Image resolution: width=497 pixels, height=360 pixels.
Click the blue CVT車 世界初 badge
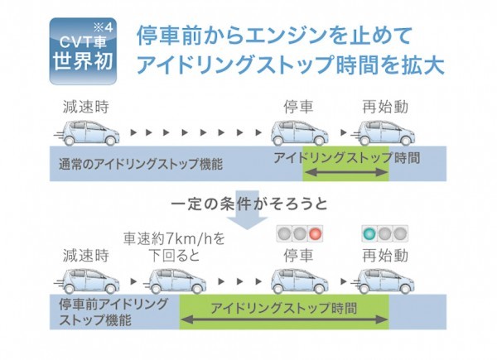coord(83,51)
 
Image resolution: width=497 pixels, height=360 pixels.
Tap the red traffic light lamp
coord(316,234)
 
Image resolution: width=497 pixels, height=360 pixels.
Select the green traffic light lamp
coord(369,234)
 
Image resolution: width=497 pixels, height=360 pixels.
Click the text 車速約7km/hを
coord(174,239)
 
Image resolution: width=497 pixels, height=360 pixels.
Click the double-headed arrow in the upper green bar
coord(347,173)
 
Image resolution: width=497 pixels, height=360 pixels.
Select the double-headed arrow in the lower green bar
coord(284,319)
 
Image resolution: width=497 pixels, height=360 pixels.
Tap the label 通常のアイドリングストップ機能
coord(141,165)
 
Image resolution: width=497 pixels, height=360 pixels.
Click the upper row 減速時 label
coord(86,107)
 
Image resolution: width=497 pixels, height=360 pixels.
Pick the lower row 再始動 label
coord(385,256)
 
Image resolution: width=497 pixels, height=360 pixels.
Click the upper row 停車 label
coord(298,107)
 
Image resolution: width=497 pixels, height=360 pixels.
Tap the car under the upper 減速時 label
coord(88,133)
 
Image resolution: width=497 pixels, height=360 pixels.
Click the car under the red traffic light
coord(300,281)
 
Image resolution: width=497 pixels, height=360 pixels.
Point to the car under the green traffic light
coord(384,281)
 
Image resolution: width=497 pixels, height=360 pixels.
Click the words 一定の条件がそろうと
coord(249,204)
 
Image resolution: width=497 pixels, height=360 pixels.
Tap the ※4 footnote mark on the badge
coord(103,28)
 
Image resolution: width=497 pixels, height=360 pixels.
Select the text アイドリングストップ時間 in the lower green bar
coord(284,308)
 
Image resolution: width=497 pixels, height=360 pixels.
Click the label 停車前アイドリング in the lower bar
coord(113,305)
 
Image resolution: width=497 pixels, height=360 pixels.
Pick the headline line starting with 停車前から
coord(274,36)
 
